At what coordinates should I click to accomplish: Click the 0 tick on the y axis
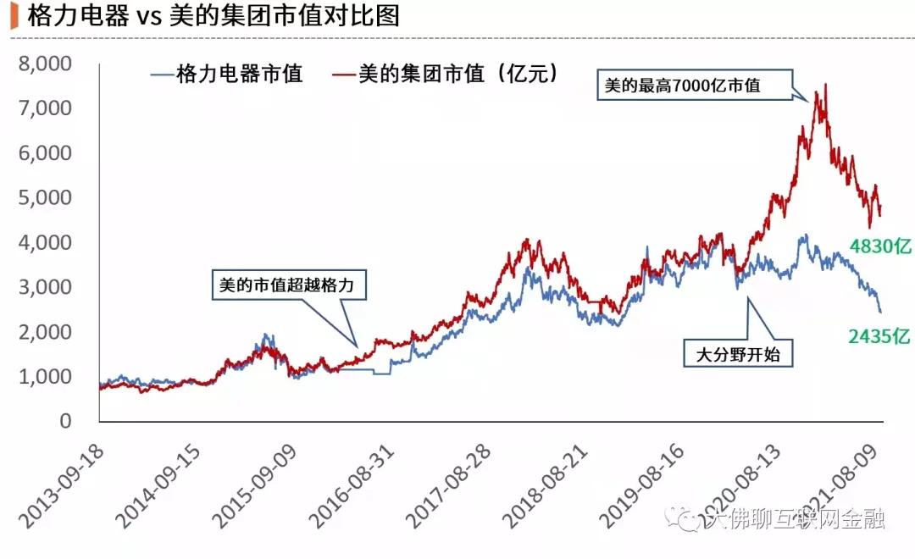78,421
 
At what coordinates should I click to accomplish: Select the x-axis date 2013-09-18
64,478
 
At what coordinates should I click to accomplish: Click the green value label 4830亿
879,247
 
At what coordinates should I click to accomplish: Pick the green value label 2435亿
879,337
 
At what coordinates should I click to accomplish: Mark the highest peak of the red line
825,84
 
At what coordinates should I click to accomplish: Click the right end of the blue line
880,312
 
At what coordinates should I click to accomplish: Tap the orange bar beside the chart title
14,17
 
